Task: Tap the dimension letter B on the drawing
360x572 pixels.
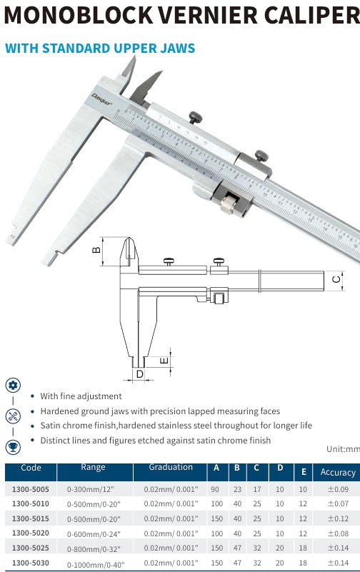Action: tap(94, 251)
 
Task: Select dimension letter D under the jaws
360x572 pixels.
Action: tap(139, 373)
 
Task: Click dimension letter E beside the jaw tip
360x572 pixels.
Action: tap(164, 361)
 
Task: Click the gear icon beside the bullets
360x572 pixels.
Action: tap(13, 385)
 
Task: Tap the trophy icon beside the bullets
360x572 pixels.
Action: tap(13, 447)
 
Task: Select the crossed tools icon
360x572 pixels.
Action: tap(13, 416)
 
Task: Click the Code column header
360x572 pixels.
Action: tap(31, 468)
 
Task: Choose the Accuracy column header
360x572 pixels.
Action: tap(337, 472)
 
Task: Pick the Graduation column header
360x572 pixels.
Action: tap(171, 468)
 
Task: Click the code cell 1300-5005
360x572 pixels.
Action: tap(31, 490)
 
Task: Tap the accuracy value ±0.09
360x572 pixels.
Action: tap(337, 490)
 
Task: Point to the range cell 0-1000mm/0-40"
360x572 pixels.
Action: tap(96, 565)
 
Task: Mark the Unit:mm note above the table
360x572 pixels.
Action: tap(342, 449)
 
